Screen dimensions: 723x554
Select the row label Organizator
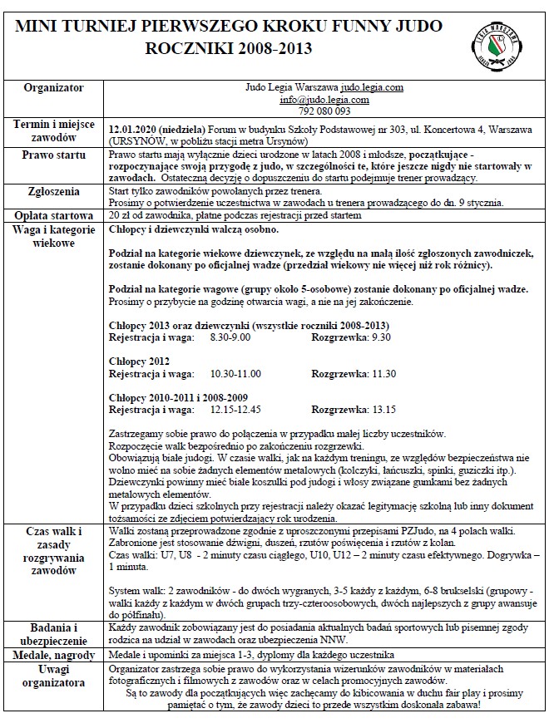click(53, 86)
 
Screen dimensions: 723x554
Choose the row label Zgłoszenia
click(53, 191)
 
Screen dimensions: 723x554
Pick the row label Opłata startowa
click(53, 214)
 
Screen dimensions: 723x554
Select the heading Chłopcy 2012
click(140, 361)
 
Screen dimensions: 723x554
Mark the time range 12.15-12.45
click(236, 409)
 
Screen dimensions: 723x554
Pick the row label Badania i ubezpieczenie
click(53, 633)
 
